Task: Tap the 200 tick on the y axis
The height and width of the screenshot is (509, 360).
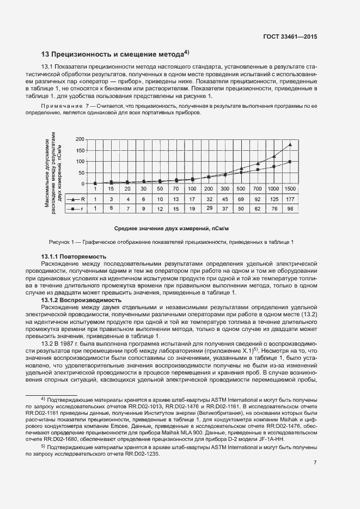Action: point(80,139)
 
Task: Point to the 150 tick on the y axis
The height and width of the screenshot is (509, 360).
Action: point(80,150)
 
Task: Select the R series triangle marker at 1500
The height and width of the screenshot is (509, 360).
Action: point(290,145)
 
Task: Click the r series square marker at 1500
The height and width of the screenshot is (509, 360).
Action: point(290,162)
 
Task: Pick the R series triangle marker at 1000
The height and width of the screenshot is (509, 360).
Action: point(273,156)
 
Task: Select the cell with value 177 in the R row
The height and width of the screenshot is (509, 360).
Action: point(290,199)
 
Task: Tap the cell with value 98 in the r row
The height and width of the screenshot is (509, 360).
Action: point(290,208)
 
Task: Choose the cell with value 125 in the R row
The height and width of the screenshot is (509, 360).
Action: point(273,199)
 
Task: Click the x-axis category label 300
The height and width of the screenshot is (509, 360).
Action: point(224,188)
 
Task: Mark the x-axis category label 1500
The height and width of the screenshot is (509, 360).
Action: point(290,188)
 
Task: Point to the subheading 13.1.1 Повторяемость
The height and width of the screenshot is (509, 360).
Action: point(74,256)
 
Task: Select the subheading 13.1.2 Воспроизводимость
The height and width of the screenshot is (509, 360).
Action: point(79,300)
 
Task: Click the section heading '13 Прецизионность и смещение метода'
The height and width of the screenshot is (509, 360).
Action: point(115,54)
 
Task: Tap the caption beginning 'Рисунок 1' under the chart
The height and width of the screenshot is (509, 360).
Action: point(170,242)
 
